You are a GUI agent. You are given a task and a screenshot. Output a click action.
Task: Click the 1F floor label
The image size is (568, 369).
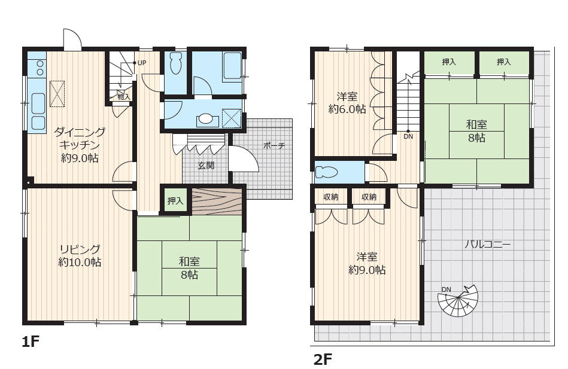30,341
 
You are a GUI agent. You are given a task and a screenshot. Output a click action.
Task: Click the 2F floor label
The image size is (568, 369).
323,359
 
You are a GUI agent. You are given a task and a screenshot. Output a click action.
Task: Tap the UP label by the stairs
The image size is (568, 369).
142,63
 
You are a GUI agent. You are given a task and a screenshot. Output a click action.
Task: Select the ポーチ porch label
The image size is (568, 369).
274,145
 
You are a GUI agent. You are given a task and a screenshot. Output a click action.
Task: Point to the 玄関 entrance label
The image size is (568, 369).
206,166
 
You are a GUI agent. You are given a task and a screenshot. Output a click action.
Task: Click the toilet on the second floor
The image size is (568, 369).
326,172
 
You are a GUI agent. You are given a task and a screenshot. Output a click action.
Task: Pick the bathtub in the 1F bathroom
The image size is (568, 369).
232,66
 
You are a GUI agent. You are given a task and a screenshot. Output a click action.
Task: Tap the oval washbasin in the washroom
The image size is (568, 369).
206,119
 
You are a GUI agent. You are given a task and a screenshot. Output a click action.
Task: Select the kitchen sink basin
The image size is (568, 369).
38,103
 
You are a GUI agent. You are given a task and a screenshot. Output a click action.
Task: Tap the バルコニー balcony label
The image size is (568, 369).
488,245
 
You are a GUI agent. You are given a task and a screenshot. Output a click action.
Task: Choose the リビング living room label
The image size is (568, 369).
80,249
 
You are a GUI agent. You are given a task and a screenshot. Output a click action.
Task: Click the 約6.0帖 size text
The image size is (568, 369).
347,109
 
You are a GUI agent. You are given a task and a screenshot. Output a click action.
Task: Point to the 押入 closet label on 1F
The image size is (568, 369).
175,200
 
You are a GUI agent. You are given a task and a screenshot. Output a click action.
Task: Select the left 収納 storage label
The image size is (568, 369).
331,197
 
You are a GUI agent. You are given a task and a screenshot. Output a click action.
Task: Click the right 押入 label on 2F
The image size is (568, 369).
503,62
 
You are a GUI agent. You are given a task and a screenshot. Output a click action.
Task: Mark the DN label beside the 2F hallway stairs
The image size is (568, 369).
408,137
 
